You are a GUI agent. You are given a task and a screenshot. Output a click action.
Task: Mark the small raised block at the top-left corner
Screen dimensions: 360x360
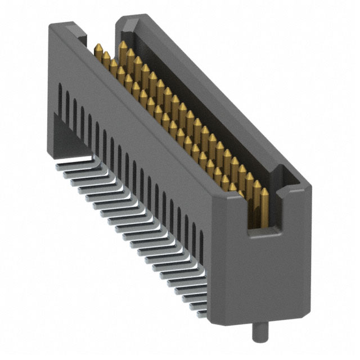(67, 28)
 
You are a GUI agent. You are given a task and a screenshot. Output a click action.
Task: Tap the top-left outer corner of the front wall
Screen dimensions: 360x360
(49, 26)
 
